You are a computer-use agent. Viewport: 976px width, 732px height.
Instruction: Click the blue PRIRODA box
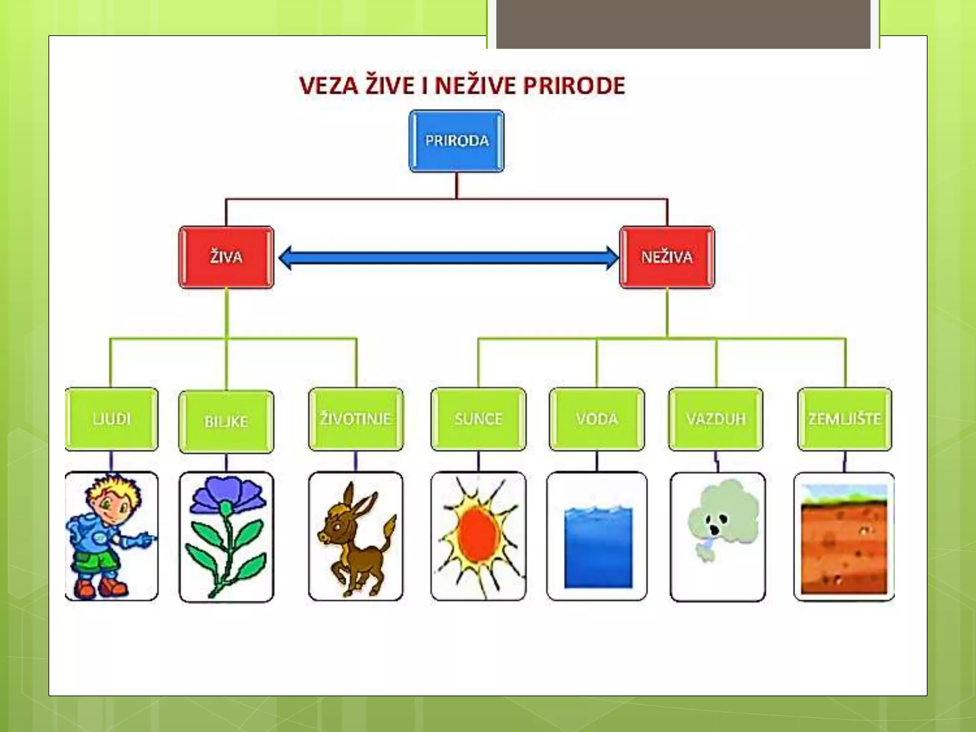(x=457, y=141)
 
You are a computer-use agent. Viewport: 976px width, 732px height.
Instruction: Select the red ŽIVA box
(x=226, y=257)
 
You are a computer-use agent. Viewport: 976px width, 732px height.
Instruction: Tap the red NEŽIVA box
(x=667, y=257)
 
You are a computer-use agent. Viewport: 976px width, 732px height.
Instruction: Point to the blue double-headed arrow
(x=448, y=258)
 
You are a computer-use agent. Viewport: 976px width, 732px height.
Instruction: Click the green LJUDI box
(x=112, y=419)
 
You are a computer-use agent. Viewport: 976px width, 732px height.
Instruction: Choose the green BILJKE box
(x=226, y=422)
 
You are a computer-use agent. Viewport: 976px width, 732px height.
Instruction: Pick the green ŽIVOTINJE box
(x=356, y=419)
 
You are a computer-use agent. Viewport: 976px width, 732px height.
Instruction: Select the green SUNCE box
(x=478, y=419)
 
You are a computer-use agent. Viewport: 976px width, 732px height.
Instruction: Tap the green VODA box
(x=597, y=419)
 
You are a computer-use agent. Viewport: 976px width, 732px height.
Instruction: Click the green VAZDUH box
(x=716, y=419)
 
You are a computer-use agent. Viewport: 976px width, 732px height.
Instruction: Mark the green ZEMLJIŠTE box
(x=844, y=419)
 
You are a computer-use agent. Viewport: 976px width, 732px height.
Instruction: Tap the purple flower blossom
(x=228, y=496)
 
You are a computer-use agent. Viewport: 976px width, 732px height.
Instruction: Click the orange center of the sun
(x=477, y=534)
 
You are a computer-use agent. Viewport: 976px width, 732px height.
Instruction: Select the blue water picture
(x=598, y=548)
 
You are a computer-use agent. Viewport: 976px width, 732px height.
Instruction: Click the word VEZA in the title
(x=328, y=86)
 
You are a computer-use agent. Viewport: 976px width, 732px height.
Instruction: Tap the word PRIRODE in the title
(x=574, y=86)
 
